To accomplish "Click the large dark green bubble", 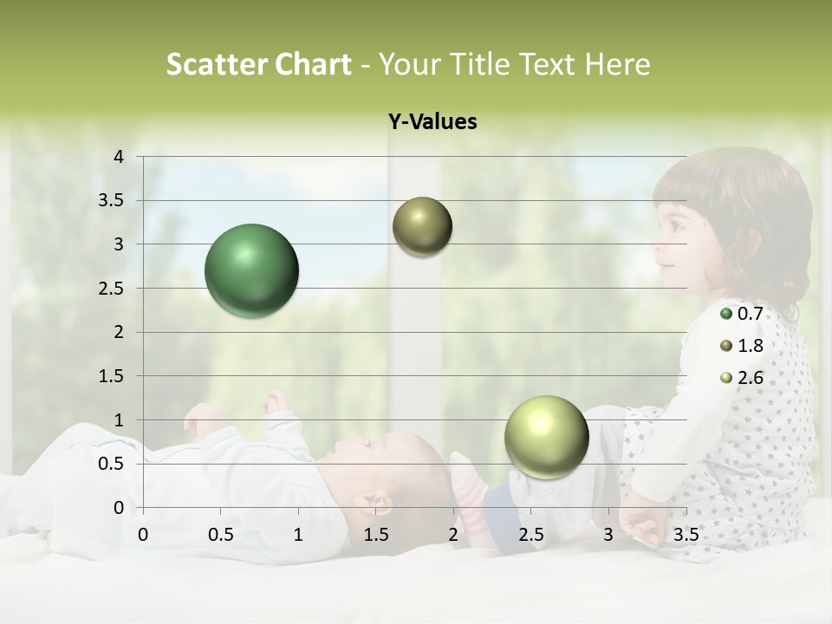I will pos(252,270).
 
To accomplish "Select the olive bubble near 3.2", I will pos(422,226).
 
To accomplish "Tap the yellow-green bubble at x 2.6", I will pos(546,437).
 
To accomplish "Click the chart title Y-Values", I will pos(432,122).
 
